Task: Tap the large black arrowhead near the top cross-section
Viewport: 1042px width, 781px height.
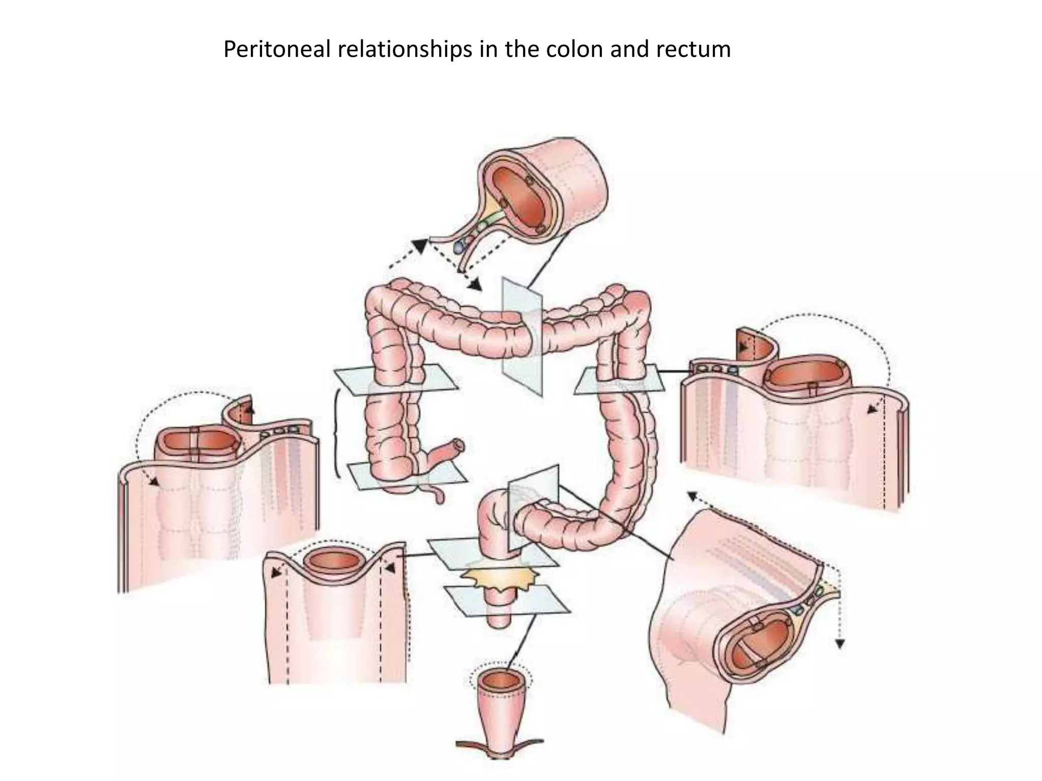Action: (420, 246)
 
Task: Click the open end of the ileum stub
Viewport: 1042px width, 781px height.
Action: (459, 445)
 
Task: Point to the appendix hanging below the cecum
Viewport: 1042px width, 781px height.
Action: (437, 494)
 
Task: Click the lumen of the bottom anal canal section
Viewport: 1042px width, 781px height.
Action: (500, 681)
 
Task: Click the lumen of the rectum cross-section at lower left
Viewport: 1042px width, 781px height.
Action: (334, 560)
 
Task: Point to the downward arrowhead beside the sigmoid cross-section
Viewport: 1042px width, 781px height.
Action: (840, 644)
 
